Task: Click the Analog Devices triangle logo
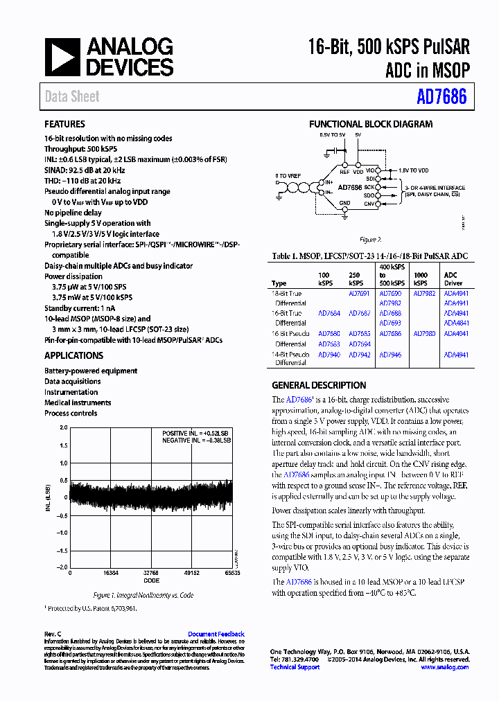click(x=62, y=57)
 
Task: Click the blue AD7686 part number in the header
click(x=441, y=98)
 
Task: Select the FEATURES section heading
click(x=64, y=125)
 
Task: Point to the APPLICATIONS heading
click(x=73, y=355)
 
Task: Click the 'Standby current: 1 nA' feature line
click(x=79, y=307)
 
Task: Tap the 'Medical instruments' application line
click(x=78, y=402)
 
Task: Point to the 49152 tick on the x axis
click(x=192, y=574)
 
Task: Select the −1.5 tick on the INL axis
click(x=62, y=550)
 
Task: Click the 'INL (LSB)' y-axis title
click(x=48, y=496)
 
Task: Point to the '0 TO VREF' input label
click(x=288, y=176)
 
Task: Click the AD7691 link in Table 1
click(x=359, y=293)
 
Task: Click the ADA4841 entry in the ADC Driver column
click(x=456, y=323)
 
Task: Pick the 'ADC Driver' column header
click(x=451, y=278)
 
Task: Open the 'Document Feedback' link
click(x=216, y=635)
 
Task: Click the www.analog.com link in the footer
click(x=444, y=667)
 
